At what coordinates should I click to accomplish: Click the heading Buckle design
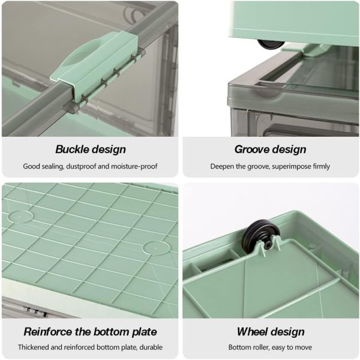click(91, 149)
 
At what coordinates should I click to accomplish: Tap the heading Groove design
click(270, 149)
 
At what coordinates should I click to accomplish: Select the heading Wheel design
click(271, 332)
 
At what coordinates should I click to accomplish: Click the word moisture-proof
click(134, 166)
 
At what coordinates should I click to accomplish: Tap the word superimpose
click(289, 166)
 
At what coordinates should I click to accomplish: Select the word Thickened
click(33, 347)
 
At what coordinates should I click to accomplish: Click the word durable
click(151, 347)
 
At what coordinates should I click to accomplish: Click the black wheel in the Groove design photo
click(271, 44)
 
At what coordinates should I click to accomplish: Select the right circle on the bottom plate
click(156, 248)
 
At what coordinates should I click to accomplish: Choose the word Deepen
click(221, 166)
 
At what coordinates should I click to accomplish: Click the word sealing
click(53, 166)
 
